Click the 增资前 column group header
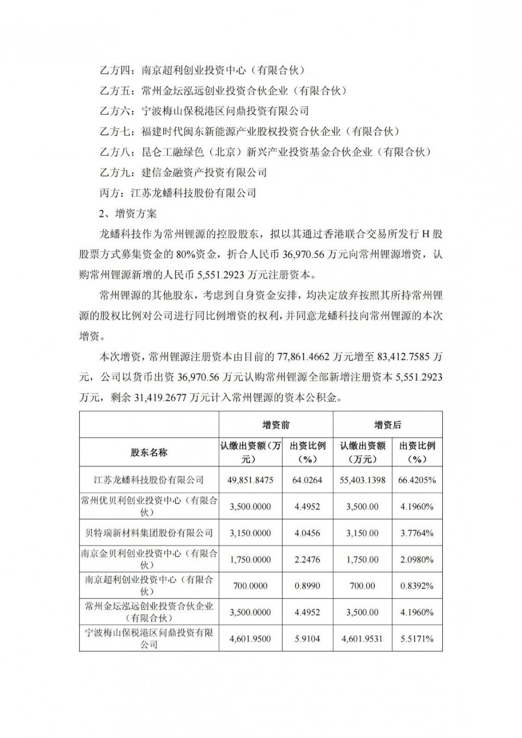pyautogui.click(x=276, y=425)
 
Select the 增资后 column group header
pyautogui.click(x=388, y=425)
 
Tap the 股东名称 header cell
pyautogui.click(x=149, y=453)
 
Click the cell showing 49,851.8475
pyautogui.click(x=251, y=480)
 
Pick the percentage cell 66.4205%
pyautogui.click(x=417, y=480)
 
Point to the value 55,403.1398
pyautogui.click(x=362, y=480)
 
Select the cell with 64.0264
pyautogui.click(x=308, y=480)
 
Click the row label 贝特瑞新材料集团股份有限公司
pyautogui.click(x=149, y=533)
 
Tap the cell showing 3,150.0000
pyautogui.click(x=251, y=533)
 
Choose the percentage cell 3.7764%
pyautogui.click(x=417, y=533)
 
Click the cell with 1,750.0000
pyautogui.click(x=251, y=560)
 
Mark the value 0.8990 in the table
pyautogui.click(x=308, y=586)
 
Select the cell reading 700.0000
pyautogui.click(x=251, y=586)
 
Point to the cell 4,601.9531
pyautogui.click(x=362, y=639)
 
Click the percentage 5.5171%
pyautogui.click(x=417, y=639)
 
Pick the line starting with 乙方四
pyautogui.click(x=201, y=69)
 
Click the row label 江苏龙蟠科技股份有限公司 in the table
pyautogui.click(x=149, y=480)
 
